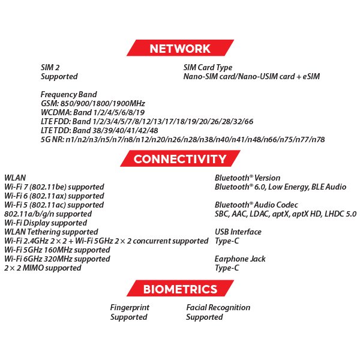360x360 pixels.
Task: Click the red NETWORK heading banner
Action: [179, 49]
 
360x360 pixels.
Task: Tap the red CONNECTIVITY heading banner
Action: [179, 159]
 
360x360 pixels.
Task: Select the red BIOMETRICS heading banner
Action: [179, 290]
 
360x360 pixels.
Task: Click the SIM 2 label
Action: [50, 68]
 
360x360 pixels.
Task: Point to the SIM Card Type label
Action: [208, 68]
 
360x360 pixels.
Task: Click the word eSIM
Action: [310, 77]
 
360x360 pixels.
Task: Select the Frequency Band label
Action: [68, 95]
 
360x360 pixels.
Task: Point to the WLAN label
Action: [15, 178]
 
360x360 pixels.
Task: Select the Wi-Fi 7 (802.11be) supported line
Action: [54, 187]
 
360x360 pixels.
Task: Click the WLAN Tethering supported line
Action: [51, 232]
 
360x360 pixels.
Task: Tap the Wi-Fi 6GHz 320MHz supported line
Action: [57, 259]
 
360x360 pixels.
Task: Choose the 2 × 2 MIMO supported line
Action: [43, 268]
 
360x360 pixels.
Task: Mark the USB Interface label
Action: [238, 232]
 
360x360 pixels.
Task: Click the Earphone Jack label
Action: [240, 259]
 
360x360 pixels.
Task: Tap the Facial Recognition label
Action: [218, 308]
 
